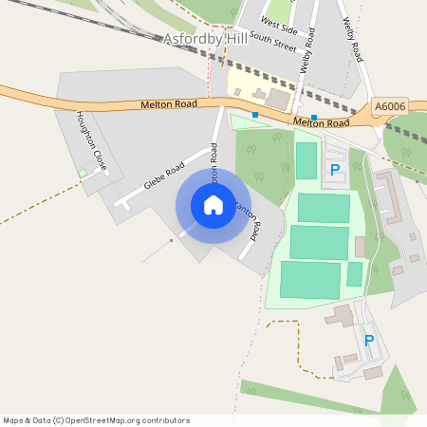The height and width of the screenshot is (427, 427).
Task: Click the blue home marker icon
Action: click(x=213, y=204)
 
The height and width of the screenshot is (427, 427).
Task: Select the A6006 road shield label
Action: click(x=389, y=107)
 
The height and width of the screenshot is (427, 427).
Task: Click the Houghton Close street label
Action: click(x=92, y=142)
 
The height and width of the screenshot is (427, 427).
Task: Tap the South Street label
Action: click(x=273, y=44)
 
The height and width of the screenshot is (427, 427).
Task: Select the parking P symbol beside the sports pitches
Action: click(x=334, y=170)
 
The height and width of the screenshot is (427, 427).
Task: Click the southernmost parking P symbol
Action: click(x=369, y=340)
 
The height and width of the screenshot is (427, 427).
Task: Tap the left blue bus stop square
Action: click(x=255, y=115)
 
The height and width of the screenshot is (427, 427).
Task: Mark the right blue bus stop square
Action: click(x=314, y=118)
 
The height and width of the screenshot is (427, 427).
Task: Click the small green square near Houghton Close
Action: click(x=83, y=173)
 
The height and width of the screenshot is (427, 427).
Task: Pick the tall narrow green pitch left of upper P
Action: click(x=306, y=160)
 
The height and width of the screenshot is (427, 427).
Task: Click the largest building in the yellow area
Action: click(x=278, y=98)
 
